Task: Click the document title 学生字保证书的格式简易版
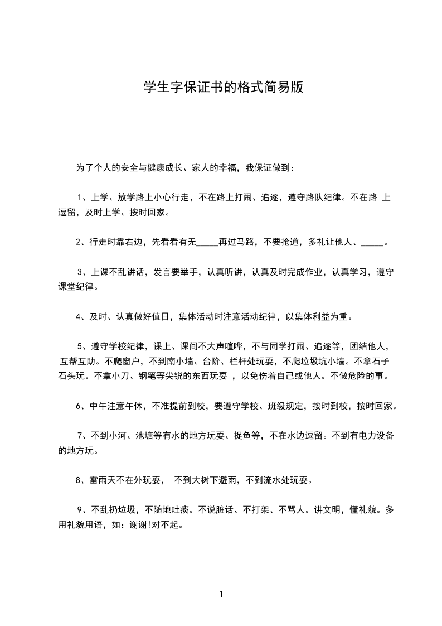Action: tap(223, 88)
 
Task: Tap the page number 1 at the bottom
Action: tap(221, 594)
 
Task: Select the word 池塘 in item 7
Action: tap(144, 435)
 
